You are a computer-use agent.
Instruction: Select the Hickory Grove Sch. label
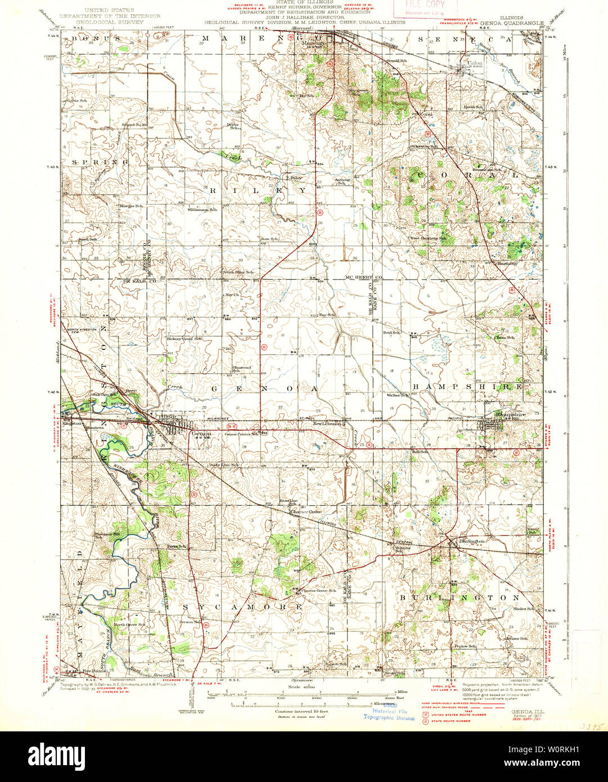point(184,339)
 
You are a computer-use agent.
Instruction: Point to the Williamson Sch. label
point(202,209)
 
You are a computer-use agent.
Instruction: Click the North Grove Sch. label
point(130,624)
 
